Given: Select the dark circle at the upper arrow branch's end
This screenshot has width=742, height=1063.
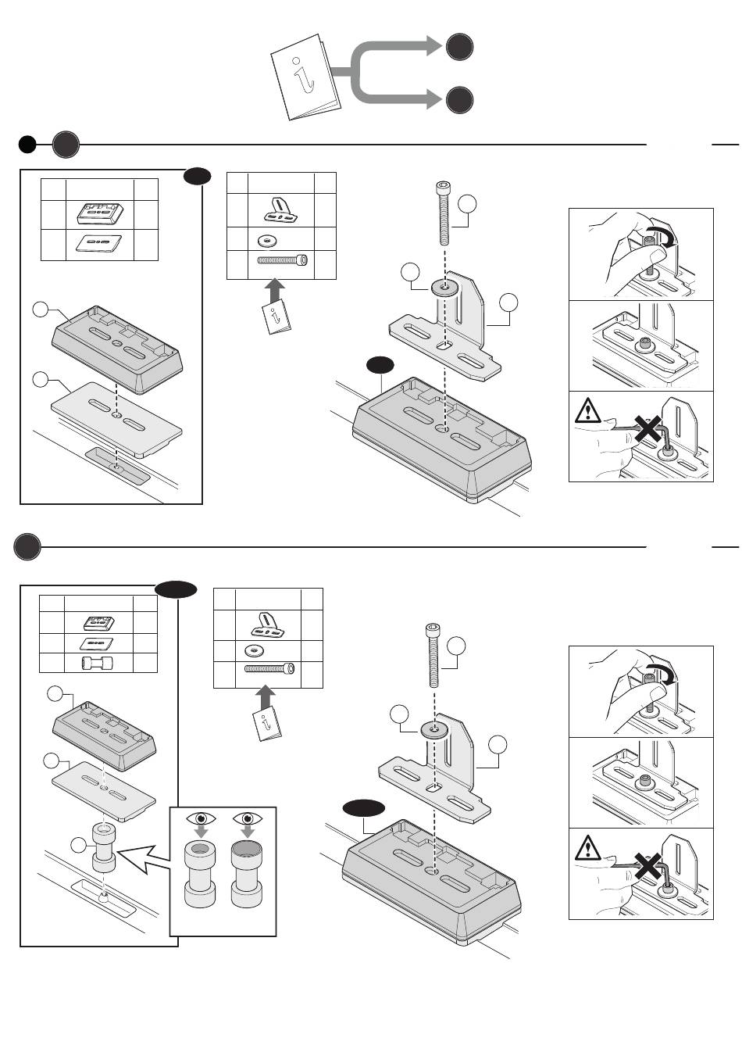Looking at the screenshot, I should click(x=460, y=47).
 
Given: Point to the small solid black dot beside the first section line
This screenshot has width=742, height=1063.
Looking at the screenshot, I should click(x=27, y=145).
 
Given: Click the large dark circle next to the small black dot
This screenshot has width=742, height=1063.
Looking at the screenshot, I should click(x=66, y=145).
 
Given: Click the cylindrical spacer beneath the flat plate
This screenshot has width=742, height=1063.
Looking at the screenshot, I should click(x=104, y=849).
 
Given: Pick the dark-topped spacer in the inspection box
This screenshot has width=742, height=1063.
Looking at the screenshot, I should click(x=246, y=875).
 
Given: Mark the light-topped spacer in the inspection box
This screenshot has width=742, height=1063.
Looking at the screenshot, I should click(x=200, y=875).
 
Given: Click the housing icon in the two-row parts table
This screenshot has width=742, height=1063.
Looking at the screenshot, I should click(x=99, y=213).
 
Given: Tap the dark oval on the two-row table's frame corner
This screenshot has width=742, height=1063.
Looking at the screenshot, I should click(x=198, y=177).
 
